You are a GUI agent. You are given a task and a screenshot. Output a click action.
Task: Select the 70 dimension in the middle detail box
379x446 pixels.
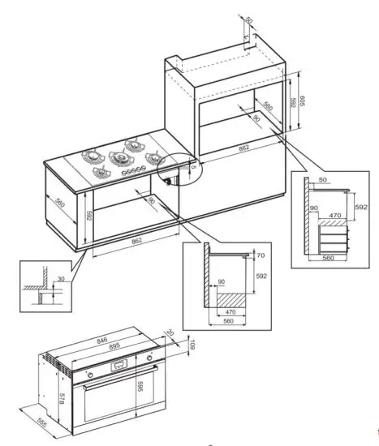pyautogui.click(x=260, y=255)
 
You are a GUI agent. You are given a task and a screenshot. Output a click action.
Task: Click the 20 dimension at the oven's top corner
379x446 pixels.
pyautogui.click(x=170, y=332)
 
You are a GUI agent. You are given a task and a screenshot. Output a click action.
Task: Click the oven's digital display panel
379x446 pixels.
pyautogui.click(x=119, y=365)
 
